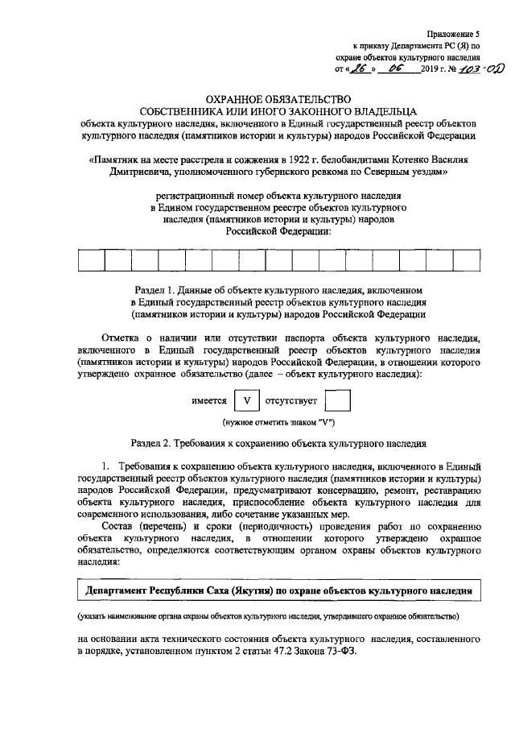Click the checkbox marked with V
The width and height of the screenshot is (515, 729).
pos(249,401)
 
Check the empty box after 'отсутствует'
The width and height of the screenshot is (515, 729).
pos(342,401)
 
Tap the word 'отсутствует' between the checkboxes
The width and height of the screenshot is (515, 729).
pos(295,401)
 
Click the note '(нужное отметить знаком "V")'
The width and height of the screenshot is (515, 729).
pos(278,423)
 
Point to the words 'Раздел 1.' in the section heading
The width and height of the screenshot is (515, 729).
pos(152,288)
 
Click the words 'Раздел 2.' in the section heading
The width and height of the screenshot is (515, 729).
pos(152,443)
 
